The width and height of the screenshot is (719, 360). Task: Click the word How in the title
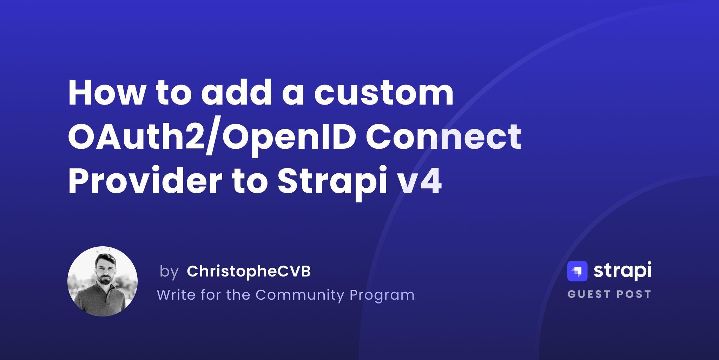pos(106,93)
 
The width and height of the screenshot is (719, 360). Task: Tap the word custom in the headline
pos(384,93)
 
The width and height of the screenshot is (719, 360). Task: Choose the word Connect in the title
pos(443,137)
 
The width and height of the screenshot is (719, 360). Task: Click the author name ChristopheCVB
pos(249,271)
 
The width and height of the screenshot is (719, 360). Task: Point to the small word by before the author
pos(169,272)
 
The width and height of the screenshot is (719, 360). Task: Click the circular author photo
pos(103,281)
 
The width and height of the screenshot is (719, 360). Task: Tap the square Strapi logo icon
pos(577,271)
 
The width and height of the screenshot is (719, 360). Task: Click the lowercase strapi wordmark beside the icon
pos(622,271)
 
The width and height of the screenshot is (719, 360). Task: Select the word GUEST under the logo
pos(589,294)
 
